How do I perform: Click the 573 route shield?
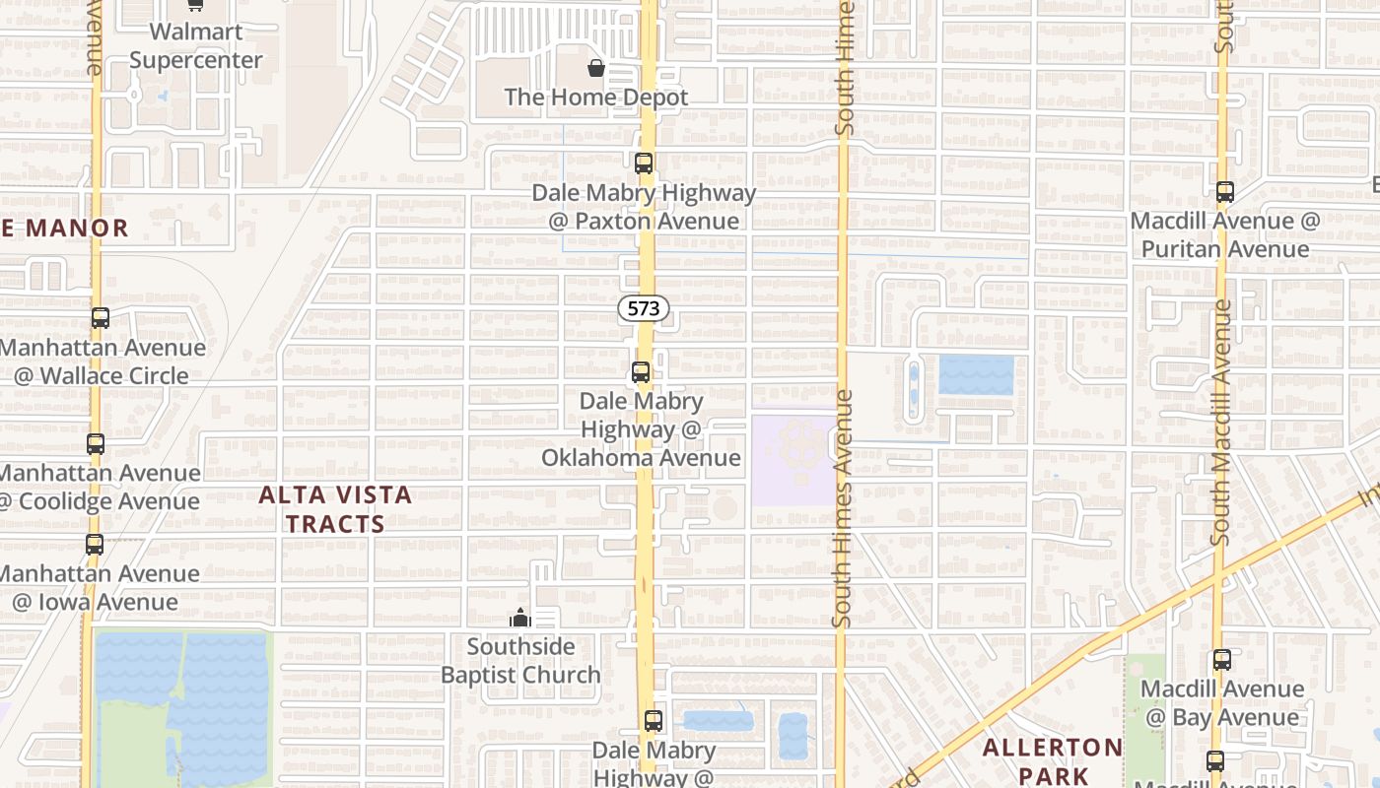[x=644, y=308]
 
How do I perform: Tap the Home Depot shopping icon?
[x=596, y=68]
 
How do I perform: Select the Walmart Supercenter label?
[x=196, y=45]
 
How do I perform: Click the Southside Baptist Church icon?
[x=519, y=618]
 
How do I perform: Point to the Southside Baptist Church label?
[x=520, y=661]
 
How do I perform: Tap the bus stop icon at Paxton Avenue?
[x=644, y=164]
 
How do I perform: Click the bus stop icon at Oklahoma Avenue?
[x=641, y=372]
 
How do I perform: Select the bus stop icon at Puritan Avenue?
[x=1225, y=192]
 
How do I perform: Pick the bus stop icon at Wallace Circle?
[x=100, y=318]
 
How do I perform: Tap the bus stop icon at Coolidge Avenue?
[x=95, y=444]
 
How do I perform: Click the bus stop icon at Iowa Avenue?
[x=94, y=544]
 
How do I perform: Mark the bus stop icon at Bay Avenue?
[x=1222, y=660]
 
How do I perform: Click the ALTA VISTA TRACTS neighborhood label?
[x=335, y=509]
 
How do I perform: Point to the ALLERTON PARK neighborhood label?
[x=1053, y=761]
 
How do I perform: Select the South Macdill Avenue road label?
[x=1220, y=424]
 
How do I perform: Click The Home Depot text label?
[x=596, y=98]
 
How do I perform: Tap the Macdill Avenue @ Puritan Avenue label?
[x=1225, y=234]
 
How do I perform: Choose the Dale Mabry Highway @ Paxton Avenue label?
[x=644, y=207]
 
